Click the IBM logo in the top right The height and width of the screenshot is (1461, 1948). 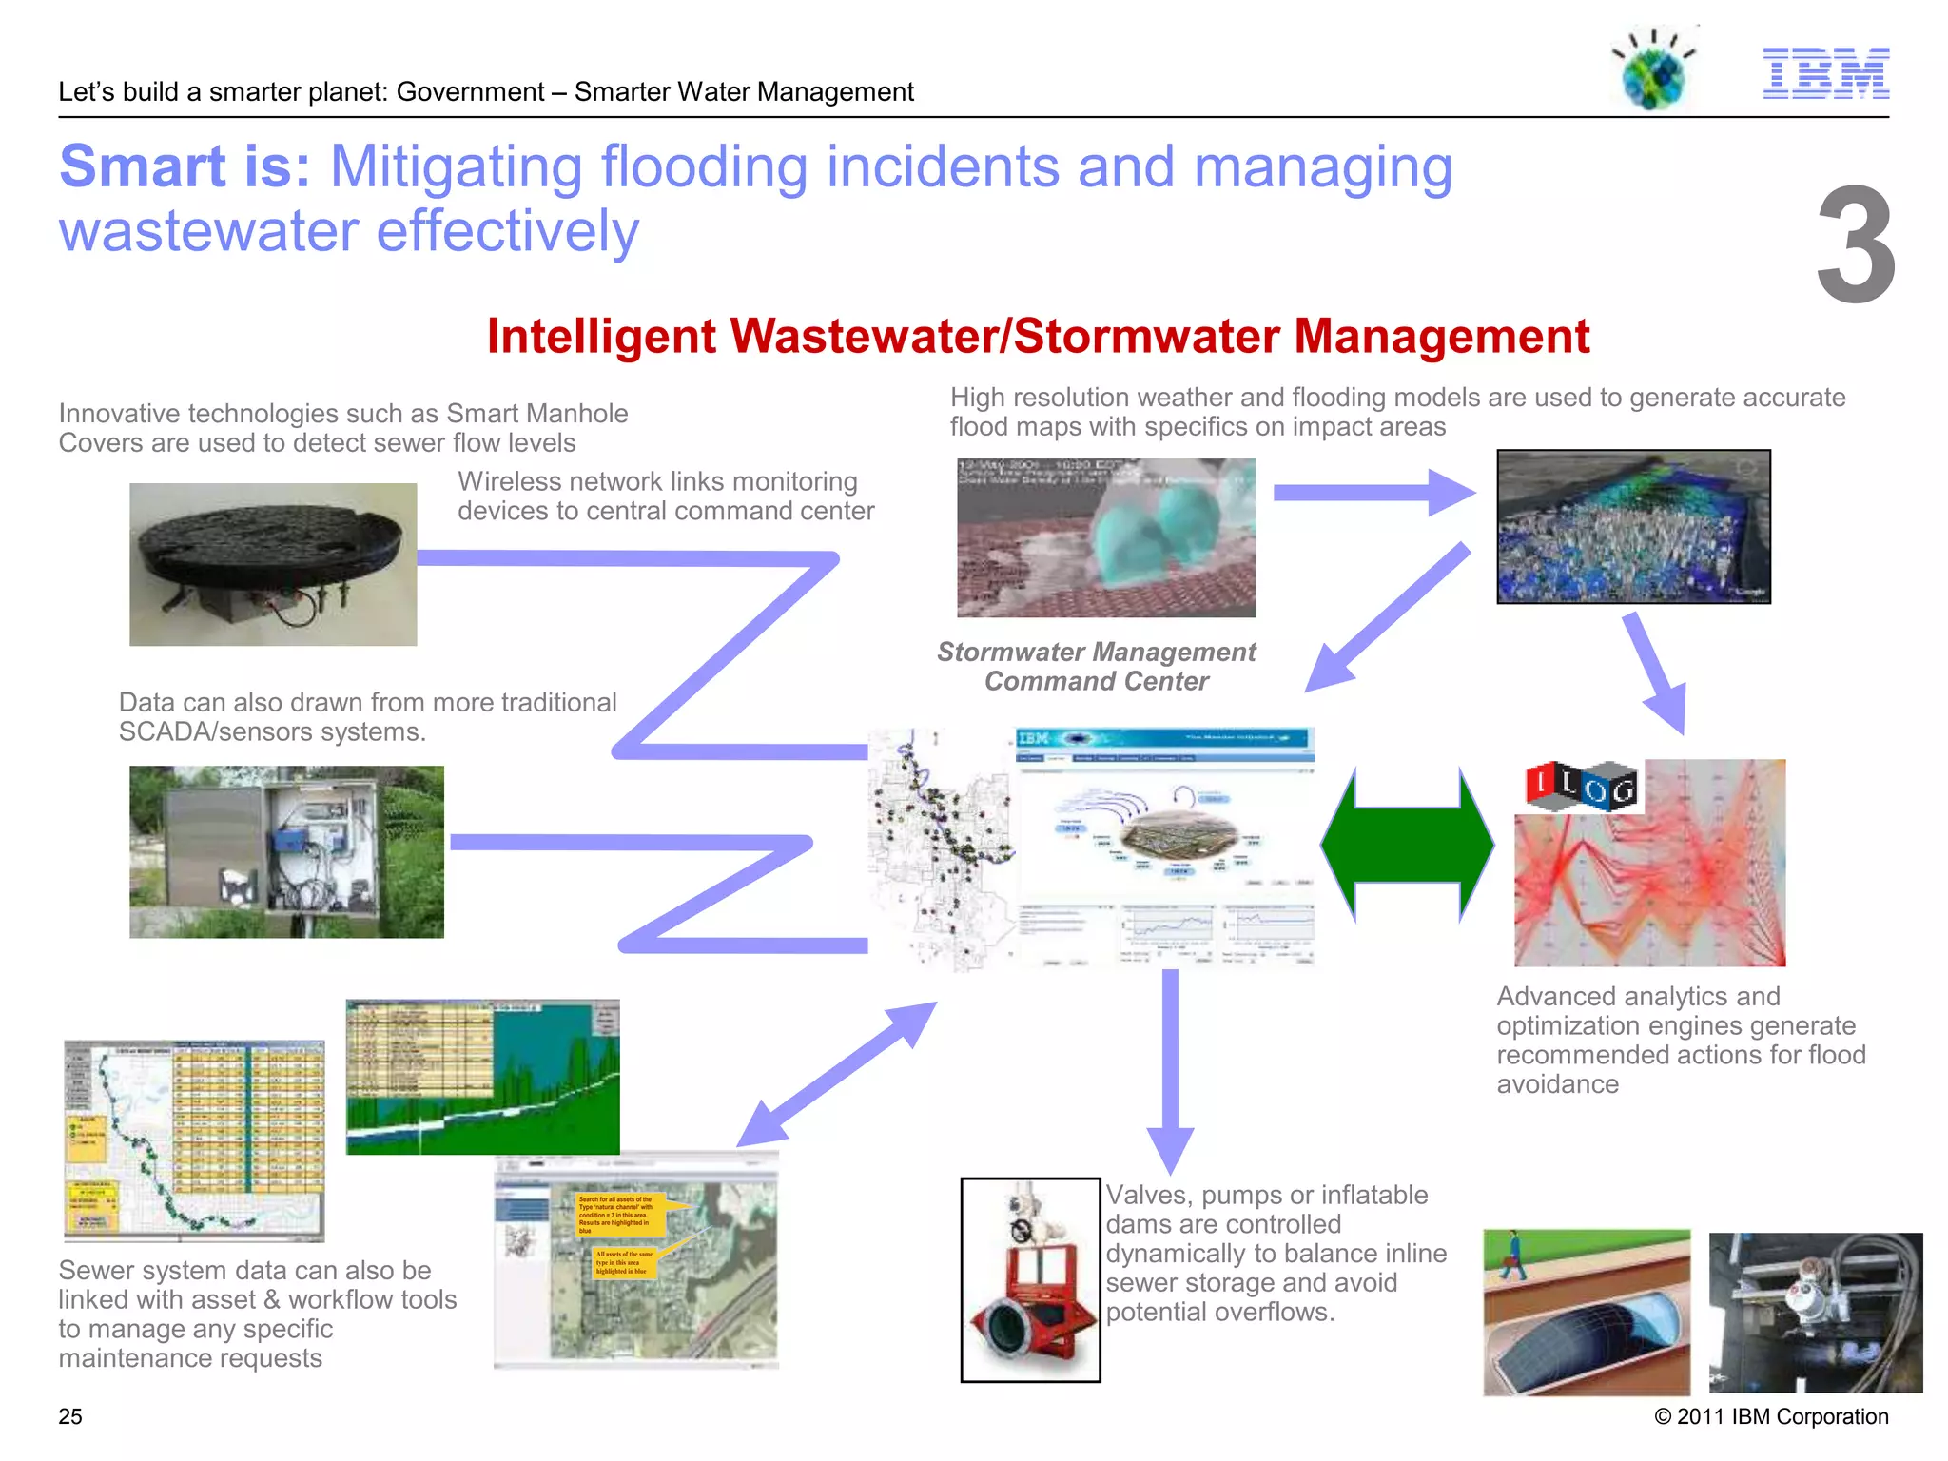pyautogui.click(x=1825, y=73)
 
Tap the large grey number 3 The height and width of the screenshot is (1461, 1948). pyautogui.click(x=1854, y=245)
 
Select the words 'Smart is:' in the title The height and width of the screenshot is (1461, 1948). pyautogui.click(x=185, y=166)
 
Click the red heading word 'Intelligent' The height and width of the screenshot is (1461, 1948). pyautogui.click(x=601, y=337)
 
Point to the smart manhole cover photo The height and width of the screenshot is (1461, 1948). pyautogui.click(x=273, y=564)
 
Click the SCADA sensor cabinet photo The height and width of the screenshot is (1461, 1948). pyautogui.click(x=286, y=851)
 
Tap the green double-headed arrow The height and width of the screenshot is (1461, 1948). pyautogui.click(x=1407, y=845)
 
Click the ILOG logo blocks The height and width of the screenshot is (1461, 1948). pyautogui.click(x=1581, y=787)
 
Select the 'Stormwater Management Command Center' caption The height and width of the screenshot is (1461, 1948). pyautogui.click(x=1096, y=666)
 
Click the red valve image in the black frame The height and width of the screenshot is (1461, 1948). pyautogui.click(x=1030, y=1279)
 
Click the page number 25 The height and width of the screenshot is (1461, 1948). pyautogui.click(x=70, y=1416)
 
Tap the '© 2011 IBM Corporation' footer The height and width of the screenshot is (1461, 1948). pyautogui.click(x=1770, y=1416)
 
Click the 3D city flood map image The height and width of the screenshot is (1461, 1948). pyautogui.click(x=1633, y=526)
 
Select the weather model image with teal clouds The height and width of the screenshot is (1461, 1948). pyautogui.click(x=1105, y=537)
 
